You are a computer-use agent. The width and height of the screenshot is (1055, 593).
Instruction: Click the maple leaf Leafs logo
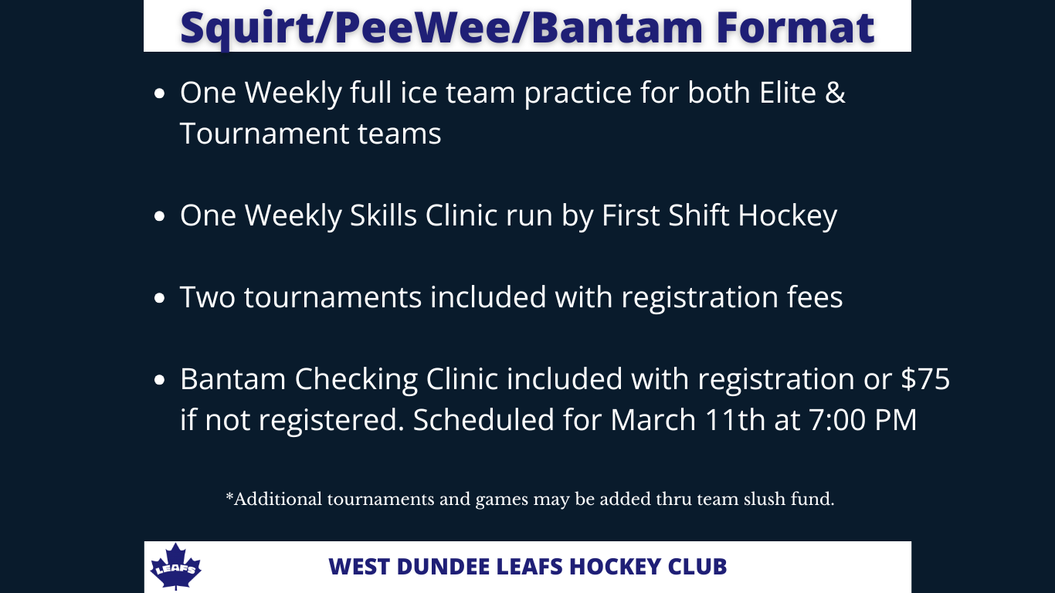pyautogui.click(x=175, y=566)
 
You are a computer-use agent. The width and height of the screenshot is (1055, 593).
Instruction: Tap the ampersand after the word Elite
pyautogui.click(x=835, y=93)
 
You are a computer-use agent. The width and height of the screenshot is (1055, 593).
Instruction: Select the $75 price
pyautogui.click(x=925, y=378)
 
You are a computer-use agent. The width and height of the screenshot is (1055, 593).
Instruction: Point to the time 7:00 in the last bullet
pyautogui.click(x=837, y=420)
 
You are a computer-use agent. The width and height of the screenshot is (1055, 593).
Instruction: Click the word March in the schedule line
pyautogui.click(x=653, y=420)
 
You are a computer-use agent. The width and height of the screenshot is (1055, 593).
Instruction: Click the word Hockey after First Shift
pyautogui.click(x=788, y=215)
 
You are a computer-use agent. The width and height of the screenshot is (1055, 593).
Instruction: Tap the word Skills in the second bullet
pyautogui.click(x=383, y=215)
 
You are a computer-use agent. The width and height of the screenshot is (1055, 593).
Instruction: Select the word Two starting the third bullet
pyautogui.click(x=207, y=297)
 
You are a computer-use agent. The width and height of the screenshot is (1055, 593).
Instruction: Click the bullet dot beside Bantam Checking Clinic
pyautogui.click(x=160, y=380)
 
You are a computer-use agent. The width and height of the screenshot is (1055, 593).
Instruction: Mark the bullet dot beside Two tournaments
pyautogui.click(x=160, y=298)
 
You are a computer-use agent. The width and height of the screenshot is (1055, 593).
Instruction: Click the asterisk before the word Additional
pyautogui.click(x=229, y=496)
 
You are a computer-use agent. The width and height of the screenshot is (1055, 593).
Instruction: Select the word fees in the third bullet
pyautogui.click(x=815, y=297)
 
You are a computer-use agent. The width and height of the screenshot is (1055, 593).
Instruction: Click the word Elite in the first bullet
pyautogui.click(x=788, y=93)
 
